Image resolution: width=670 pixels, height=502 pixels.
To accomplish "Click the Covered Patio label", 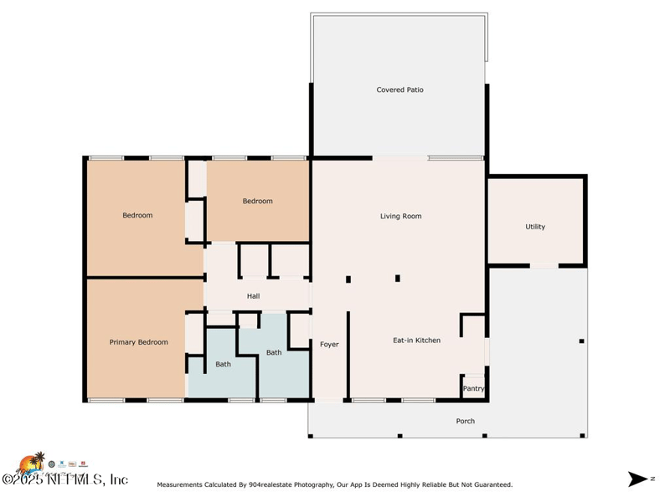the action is pos(400,90).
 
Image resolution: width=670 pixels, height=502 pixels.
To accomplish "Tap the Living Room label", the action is pos(401,216).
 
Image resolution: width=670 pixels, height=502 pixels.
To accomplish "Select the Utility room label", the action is pos(535,227).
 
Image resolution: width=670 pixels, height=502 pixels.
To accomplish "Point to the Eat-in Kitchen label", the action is pos(416,341).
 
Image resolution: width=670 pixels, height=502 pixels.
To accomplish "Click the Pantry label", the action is pos(474,388).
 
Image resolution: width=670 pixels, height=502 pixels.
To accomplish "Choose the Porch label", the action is pos(466,421).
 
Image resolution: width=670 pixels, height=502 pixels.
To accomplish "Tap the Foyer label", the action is pos(329,344).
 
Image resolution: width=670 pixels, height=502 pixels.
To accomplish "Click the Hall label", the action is pos(254,296).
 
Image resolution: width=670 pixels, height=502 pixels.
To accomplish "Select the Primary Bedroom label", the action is pos(138,342).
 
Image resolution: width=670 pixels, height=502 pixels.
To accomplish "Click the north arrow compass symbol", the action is pos(638,479).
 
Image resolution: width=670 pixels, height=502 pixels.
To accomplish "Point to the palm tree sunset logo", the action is pos(31,463).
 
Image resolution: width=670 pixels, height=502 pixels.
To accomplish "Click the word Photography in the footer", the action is pos(315,484).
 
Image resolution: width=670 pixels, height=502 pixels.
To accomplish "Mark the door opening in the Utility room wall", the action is pos(544,266).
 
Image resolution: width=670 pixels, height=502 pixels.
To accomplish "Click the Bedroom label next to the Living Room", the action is pos(258,201).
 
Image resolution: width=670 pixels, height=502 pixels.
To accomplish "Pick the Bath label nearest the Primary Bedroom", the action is pos(223,364).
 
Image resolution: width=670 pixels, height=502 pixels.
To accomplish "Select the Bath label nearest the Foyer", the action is pos(274,352).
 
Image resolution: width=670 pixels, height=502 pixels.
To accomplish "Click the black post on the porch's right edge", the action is pos(581,341).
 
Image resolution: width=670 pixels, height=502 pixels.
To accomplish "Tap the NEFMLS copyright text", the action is pos(65,479).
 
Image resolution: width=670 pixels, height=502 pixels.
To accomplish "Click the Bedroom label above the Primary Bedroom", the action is pos(137,215).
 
